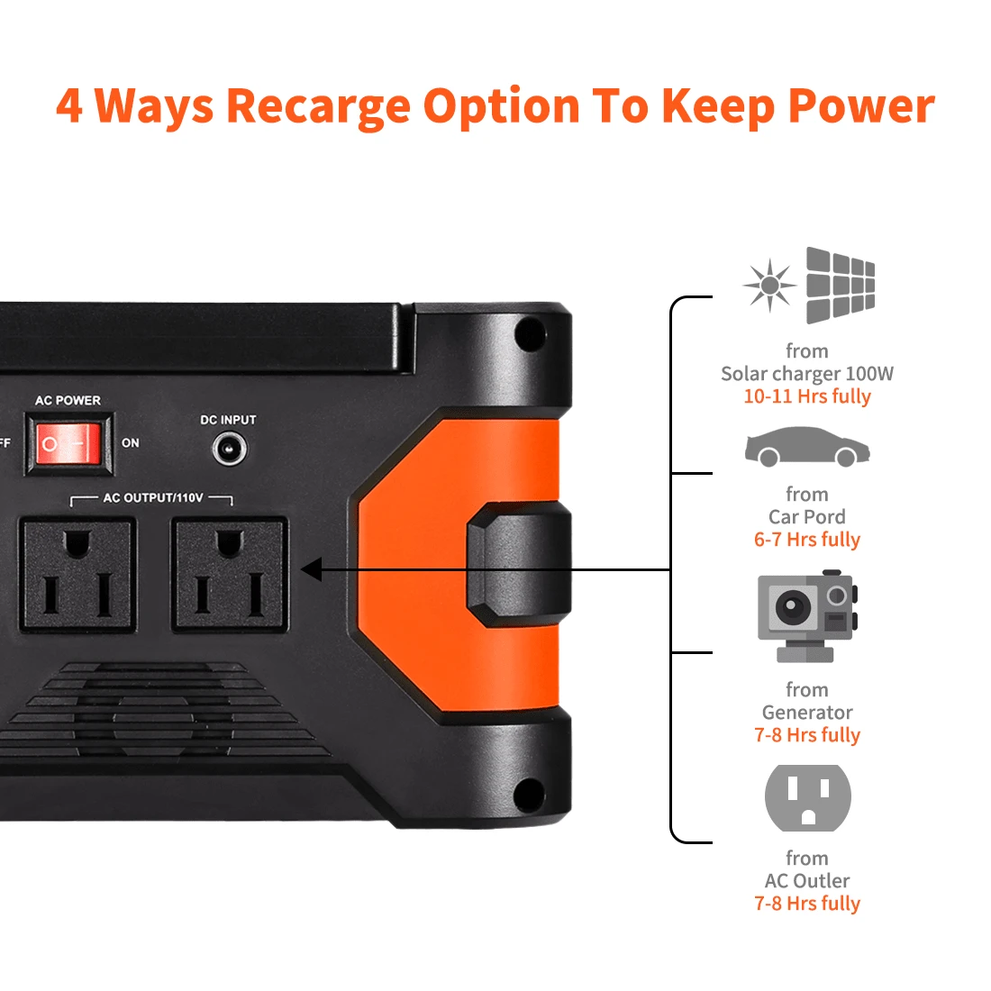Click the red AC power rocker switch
pyautogui.click(x=66, y=443)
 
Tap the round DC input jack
pyautogui.click(x=229, y=448)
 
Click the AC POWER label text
pyautogui.click(x=68, y=400)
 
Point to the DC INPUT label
pyautogui.click(x=228, y=420)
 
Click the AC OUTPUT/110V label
pyautogui.click(x=152, y=497)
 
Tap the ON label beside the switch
pyautogui.click(x=131, y=443)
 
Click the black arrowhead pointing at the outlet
pyautogui.click(x=312, y=569)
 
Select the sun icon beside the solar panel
pyautogui.click(x=769, y=286)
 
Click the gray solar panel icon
pyautogui.click(x=840, y=285)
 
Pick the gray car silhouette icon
pyautogui.click(x=807, y=448)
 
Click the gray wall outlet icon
pyautogui.click(x=807, y=797)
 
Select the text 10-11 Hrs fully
pyautogui.click(x=807, y=396)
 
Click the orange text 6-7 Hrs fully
pyautogui.click(x=807, y=540)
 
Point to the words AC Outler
pyautogui.click(x=807, y=881)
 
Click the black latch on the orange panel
pyautogui.click(x=518, y=565)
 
